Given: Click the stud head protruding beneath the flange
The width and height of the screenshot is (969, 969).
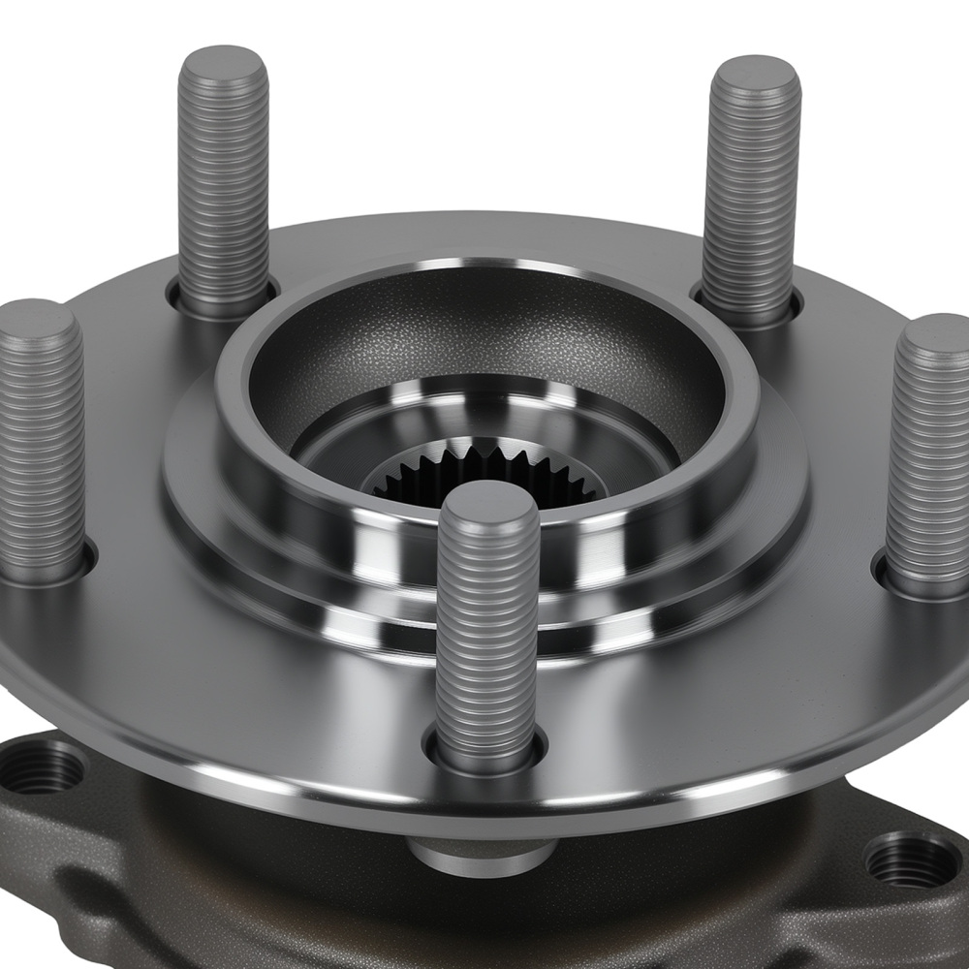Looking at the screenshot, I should point(482,853).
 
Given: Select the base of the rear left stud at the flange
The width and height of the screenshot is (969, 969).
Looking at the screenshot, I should point(223,300).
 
